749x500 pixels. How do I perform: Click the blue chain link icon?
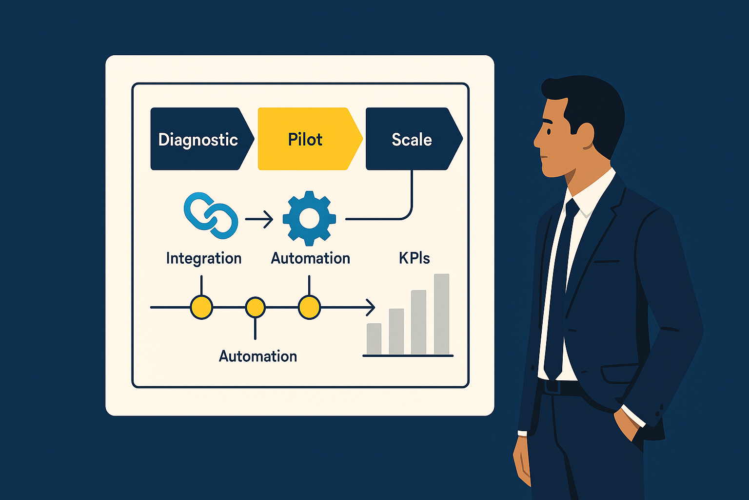pos(211,216)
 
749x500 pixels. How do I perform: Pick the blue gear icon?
pos(309,218)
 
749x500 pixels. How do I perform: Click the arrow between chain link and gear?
pos(259,219)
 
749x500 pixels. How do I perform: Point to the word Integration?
pos(204,259)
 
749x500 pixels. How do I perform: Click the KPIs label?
pos(414,258)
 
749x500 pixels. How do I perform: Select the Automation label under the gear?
pos(310,258)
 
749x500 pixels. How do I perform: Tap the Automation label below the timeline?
pos(258,356)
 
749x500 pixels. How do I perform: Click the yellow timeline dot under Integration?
pos(201,307)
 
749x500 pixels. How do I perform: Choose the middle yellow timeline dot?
pos(256,307)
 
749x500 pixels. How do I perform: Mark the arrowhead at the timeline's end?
pos(371,308)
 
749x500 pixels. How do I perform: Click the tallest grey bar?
pos(441,314)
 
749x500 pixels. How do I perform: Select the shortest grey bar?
pos(374,339)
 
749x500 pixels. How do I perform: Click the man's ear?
pos(585,136)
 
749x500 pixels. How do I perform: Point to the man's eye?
pos(549,131)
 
